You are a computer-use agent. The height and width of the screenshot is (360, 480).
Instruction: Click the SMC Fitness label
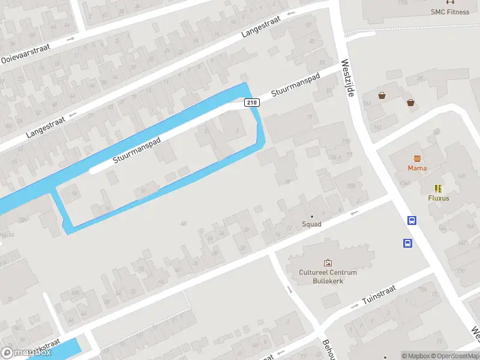pyautogui.click(x=449, y=11)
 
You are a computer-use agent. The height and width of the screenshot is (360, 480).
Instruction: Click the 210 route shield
pyautogui.click(x=252, y=103)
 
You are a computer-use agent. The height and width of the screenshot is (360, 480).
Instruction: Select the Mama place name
pyautogui.click(x=417, y=168)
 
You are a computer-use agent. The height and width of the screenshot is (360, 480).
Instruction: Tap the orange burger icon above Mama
pyautogui.click(x=417, y=159)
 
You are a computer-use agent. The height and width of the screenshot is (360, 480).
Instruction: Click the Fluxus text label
pyautogui.click(x=439, y=198)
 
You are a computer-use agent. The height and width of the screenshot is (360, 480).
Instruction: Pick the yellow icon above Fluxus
pyautogui.click(x=438, y=188)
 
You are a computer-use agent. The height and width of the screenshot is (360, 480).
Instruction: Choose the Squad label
pyautogui.click(x=311, y=224)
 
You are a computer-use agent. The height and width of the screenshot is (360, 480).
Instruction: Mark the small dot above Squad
pyautogui.click(x=311, y=217)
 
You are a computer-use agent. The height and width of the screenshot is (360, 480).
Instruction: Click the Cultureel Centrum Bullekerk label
pyautogui.click(x=328, y=277)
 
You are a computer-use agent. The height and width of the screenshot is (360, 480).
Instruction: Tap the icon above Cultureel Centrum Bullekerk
pyautogui.click(x=328, y=263)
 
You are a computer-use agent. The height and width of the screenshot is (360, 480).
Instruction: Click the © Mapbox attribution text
pyautogui.click(x=416, y=356)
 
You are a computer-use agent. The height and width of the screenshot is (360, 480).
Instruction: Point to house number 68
pyautogui.click(x=184, y=224)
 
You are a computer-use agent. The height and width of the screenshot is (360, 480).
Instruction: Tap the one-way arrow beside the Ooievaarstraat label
pyautogui.click(x=71, y=40)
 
